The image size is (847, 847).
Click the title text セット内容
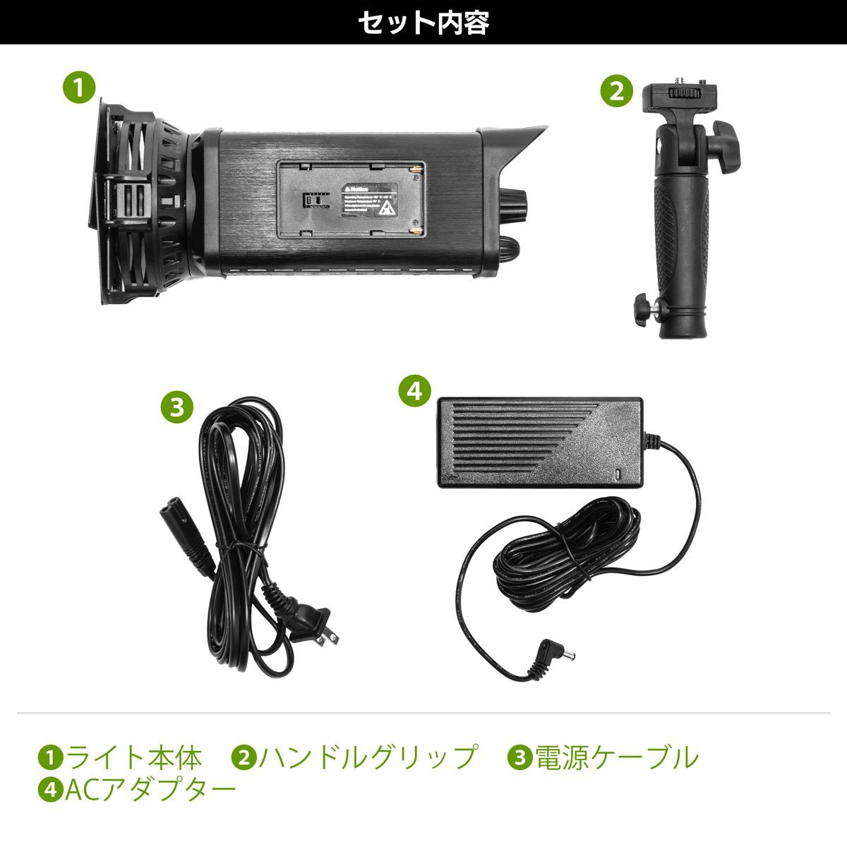(x=423, y=22)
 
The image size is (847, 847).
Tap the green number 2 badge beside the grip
(x=616, y=92)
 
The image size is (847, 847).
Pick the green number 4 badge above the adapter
(x=415, y=390)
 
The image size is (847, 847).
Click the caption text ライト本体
(x=134, y=757)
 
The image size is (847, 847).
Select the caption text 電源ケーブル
(x=617, y=757)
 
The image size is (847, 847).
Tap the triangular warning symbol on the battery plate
(x=387, y=208)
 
